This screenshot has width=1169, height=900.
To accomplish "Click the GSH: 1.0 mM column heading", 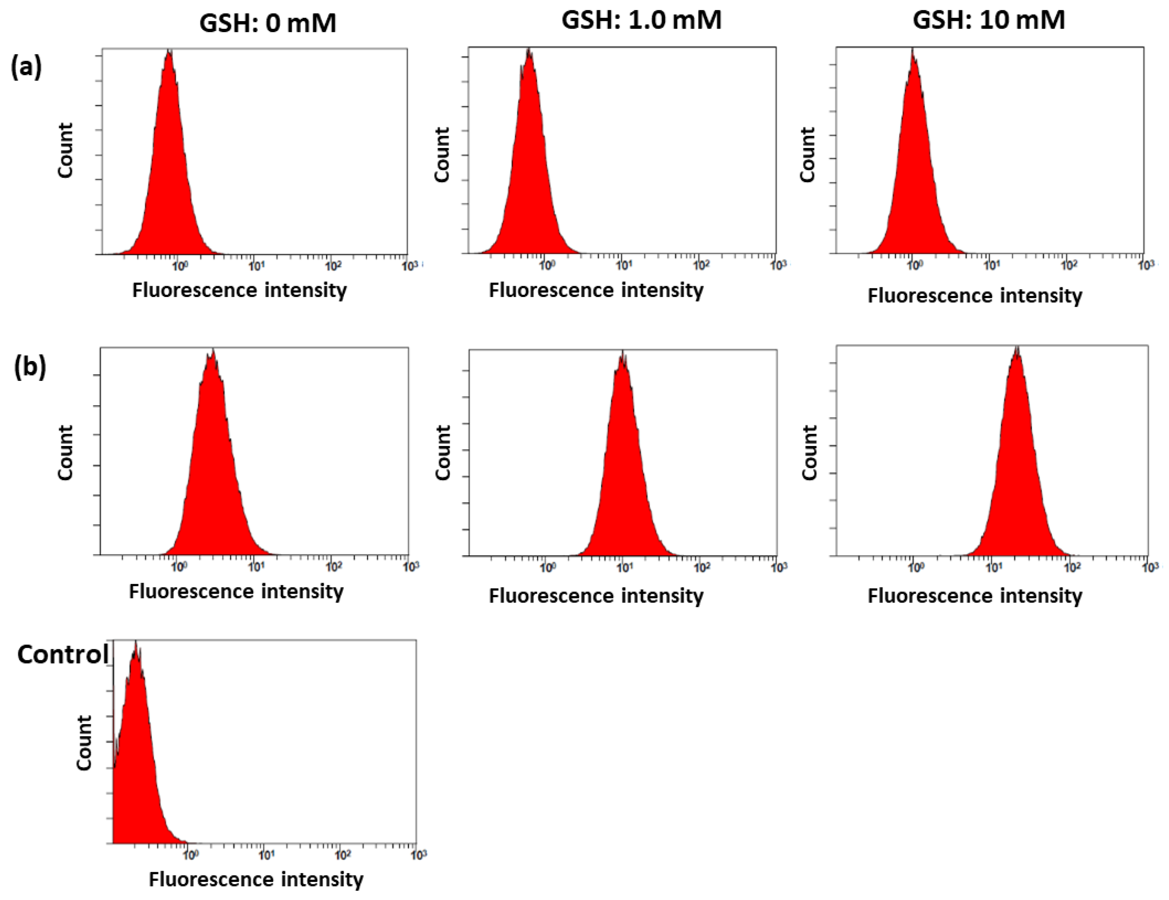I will click(641, 20).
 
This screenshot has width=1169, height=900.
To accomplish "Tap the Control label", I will click(63, 654).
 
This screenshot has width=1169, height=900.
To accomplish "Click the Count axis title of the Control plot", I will click(84, 743).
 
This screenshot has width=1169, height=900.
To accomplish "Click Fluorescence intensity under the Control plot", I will click(256, 879).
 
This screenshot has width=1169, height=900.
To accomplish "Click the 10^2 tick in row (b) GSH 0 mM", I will click(333, 566).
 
